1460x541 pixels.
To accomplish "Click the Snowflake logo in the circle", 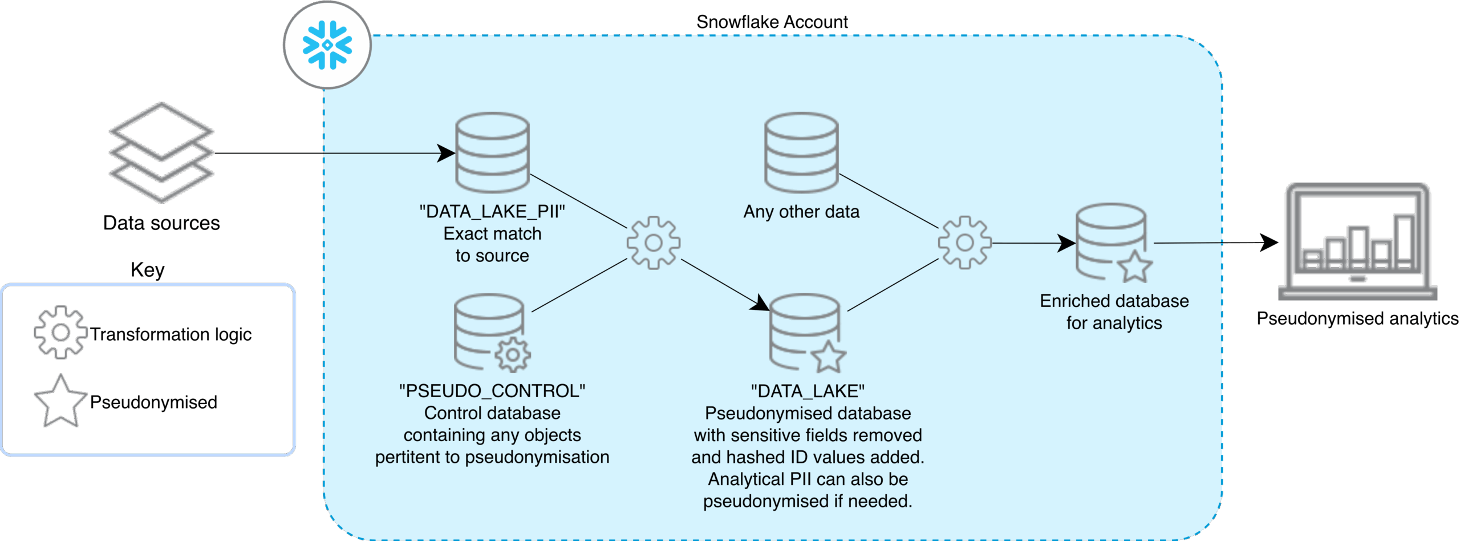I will pos(327,45).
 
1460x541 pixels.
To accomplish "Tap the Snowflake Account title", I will pos(772,22).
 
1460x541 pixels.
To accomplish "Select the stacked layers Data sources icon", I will pos(161,152).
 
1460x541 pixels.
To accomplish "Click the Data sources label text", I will pos(161,223).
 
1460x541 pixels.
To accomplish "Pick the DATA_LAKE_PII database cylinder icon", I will pos(492,152).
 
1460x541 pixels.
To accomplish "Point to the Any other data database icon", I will pos(801,152).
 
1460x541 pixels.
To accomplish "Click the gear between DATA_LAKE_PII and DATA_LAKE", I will pos(654,243).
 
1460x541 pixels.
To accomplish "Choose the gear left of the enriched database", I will pos(965,243).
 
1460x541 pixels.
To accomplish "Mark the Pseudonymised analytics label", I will pos(1357,318).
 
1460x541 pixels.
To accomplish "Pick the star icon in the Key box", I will pos(60,401).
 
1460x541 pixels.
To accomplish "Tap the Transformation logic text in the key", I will pos(171,334).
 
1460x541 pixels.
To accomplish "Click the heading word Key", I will pos(148,269).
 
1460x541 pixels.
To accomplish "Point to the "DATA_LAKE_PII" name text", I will pos(492,212).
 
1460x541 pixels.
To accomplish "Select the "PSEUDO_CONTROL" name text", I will pos(492,391).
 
